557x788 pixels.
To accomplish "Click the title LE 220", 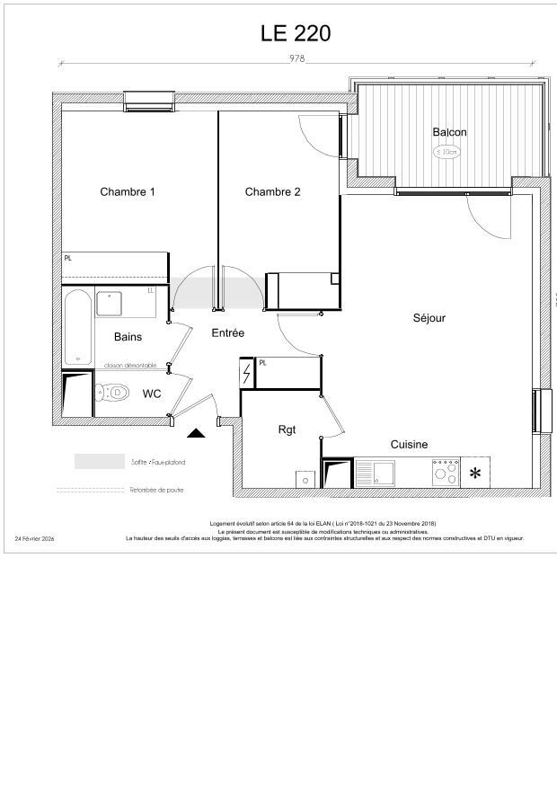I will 296,33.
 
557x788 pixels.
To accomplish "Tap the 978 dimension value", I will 296,58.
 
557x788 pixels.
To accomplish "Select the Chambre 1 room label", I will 128,191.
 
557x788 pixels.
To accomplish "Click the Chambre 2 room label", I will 272,191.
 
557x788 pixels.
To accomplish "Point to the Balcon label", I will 449,132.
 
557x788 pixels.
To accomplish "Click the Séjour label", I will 429,317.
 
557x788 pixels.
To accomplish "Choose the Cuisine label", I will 409,444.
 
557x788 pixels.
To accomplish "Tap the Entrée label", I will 227,332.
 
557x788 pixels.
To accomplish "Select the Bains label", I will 128,337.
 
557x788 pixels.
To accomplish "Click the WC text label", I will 152,394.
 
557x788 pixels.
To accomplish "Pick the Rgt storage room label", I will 287,429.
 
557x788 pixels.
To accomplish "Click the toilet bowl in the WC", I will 112,393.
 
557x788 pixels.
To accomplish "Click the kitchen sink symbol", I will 375,472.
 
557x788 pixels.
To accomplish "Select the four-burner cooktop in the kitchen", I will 446,472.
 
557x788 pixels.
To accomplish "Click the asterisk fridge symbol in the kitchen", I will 474,473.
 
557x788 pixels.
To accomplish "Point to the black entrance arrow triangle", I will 196,433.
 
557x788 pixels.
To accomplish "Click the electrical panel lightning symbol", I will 246,373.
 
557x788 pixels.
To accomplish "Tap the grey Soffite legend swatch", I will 99,462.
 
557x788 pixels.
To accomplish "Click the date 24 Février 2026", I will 35,538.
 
